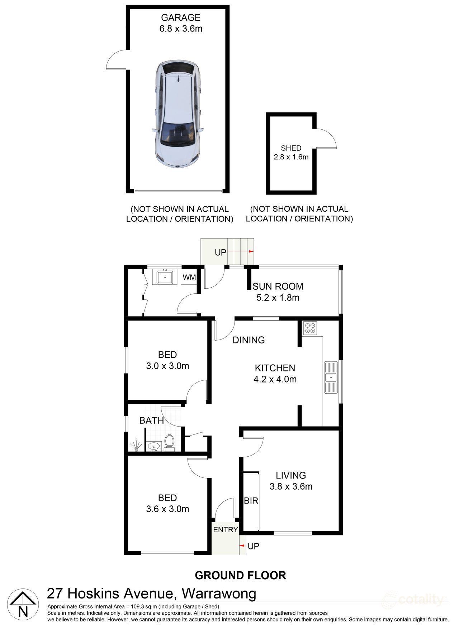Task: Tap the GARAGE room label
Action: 181,18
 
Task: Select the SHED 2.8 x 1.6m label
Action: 291,152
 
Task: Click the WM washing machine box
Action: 189,277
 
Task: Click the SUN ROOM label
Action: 278,286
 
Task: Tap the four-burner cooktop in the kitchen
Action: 310,328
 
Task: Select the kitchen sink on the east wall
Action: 331,377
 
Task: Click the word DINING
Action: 249,340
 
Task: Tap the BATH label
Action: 151,420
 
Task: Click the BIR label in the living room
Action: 251,501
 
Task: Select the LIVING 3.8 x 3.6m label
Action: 291,481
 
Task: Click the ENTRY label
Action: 226,530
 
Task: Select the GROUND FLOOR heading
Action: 240,576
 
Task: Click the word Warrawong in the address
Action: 219,593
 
